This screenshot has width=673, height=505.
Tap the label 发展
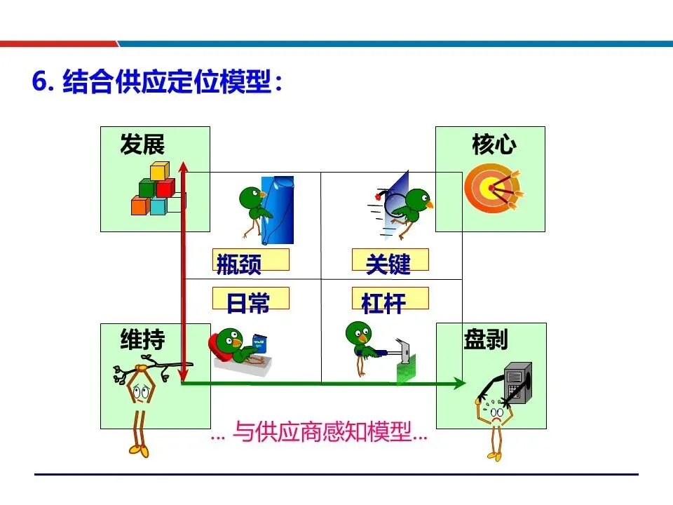pos(142,146)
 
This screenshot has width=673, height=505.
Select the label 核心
pos(494,146)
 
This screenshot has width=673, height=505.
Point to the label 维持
pos(142,340)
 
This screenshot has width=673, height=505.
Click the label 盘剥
pos(485,340)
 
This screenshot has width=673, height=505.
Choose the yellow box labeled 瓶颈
pos(250,260)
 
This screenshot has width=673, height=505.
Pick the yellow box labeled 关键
pos(389,260)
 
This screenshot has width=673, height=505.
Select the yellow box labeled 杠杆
pos(389,299)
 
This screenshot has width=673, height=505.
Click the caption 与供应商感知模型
pos(320,433)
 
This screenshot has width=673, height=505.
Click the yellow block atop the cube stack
pos(160,171)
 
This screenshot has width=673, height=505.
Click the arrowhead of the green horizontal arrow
pos(458,383)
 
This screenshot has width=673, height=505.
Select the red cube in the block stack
pos(165,188)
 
